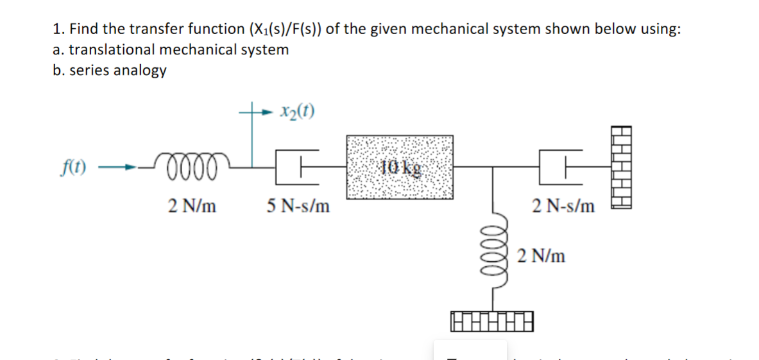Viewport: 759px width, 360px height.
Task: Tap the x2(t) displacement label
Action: click(x=297, y=112)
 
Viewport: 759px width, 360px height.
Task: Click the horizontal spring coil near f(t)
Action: click(x=191, y=168)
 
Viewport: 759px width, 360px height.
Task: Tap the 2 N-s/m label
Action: click(x=563, y=207)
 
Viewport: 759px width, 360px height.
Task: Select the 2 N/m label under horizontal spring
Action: click(x=192, y=207)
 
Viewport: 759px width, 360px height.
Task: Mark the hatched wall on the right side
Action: click(x=622, y=166)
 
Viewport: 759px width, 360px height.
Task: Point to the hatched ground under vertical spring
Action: click(x=493, y=318)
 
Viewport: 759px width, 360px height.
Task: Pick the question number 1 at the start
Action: click(x=58, y=30)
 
